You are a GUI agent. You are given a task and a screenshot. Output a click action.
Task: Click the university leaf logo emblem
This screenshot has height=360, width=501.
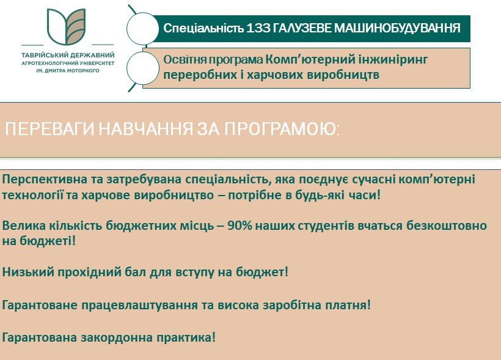coord(67,26)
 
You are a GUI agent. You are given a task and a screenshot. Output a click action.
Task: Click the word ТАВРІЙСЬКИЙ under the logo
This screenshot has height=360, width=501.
coord(43,55)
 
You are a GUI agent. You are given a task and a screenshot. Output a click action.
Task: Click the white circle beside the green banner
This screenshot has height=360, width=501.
coord(142,29)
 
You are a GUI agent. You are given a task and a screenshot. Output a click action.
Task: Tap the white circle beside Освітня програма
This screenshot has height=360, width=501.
coord(142,68)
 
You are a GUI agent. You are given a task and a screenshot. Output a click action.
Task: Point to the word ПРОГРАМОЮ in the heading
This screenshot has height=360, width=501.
coord(282,130)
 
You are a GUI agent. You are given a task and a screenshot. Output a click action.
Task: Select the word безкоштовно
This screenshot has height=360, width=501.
coord(447,226)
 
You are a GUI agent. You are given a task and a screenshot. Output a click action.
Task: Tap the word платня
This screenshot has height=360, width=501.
coord(348,305)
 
